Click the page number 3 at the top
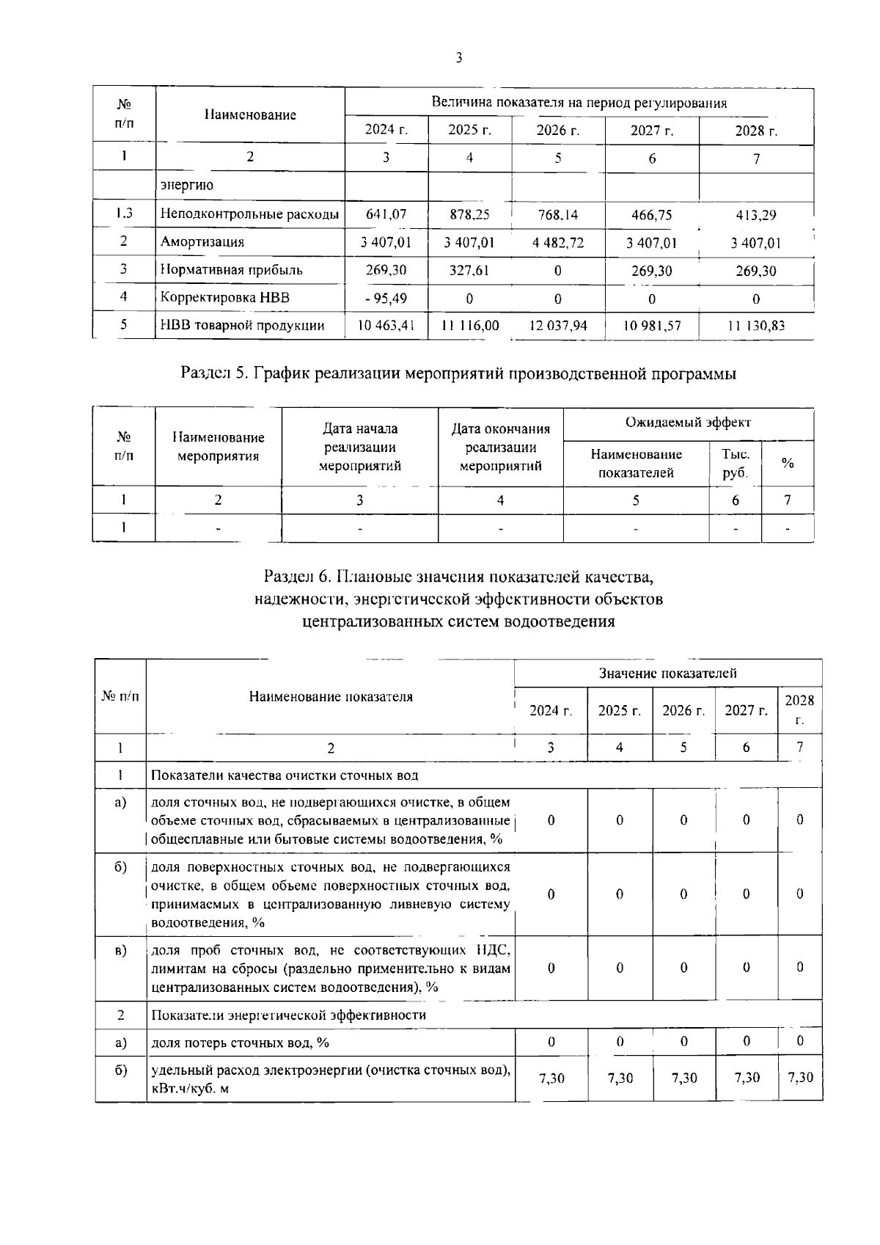tap(458, 58)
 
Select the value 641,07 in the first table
tap(386, 215)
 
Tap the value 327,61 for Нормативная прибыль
tap(469, 270)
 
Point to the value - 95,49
tap(386, 299)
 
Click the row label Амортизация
tap(202, 242)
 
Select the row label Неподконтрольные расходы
tap(249, 215)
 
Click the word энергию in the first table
tap(186, 186)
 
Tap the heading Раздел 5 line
tap(458, 373)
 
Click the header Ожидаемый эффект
tap(688, 423)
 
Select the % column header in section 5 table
tap(788, 463)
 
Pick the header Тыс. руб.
tap(735, 464)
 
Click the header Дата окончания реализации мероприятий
tap(500, 447)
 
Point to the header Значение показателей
tap(667, 673)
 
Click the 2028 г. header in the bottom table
tap(799, 709)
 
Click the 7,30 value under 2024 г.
tap(551, 1078)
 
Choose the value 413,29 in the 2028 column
tap(756, 216)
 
